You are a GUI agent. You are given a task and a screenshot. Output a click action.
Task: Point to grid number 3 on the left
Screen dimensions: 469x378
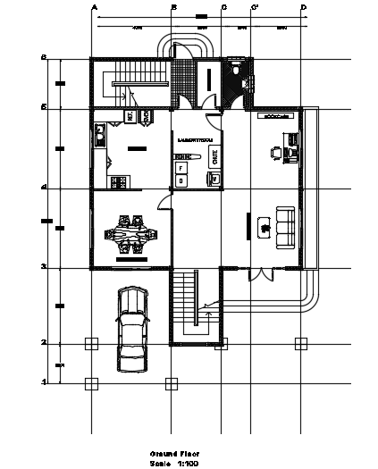pyautogui.click(x=43, y=266)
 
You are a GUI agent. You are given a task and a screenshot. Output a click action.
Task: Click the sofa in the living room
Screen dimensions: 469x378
pyautogui.click(x=285, y=226)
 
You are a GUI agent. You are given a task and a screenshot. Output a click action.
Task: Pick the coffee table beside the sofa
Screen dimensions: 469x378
pyautogui.click(x=264, y=227)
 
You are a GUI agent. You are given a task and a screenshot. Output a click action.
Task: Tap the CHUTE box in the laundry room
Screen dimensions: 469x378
pyautogui.click(x=215, y=156)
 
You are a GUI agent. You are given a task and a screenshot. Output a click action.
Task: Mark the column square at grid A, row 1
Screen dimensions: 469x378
pyautogui.click(x=90, y=383)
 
